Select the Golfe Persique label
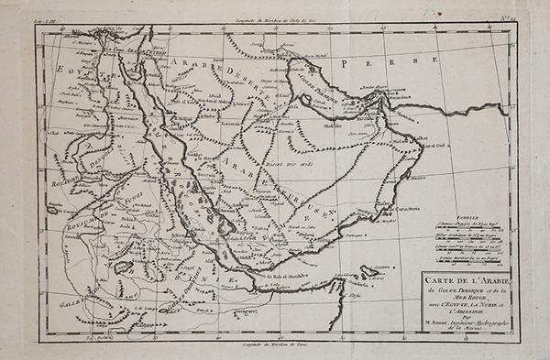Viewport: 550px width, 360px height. [x=317, y=82]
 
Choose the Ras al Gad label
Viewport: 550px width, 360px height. [x=428, y=145]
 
